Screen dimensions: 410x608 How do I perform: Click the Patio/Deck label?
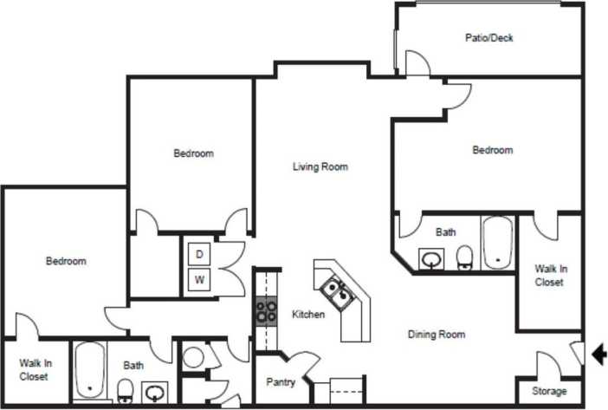pos(489,38)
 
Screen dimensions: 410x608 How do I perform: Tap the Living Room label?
pos(320,167)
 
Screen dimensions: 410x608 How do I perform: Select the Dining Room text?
pos(437,335)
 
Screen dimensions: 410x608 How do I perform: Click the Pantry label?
pos(281,382)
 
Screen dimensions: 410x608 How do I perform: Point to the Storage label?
pos(549,392)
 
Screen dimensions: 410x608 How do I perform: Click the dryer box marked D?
pos(199,254)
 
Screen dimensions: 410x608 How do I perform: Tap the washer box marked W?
pos(199,280)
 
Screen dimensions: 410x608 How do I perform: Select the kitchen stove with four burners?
pos(266,310)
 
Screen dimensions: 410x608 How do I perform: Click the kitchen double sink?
pos(335,294)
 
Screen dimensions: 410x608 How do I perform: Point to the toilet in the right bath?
pos(465,257)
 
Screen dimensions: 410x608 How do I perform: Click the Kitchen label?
pos(308,315)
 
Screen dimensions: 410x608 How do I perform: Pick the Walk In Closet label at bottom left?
pos(34,370)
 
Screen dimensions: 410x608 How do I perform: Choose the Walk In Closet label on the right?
pos(549,276)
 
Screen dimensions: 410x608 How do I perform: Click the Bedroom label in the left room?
pos(66,261)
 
